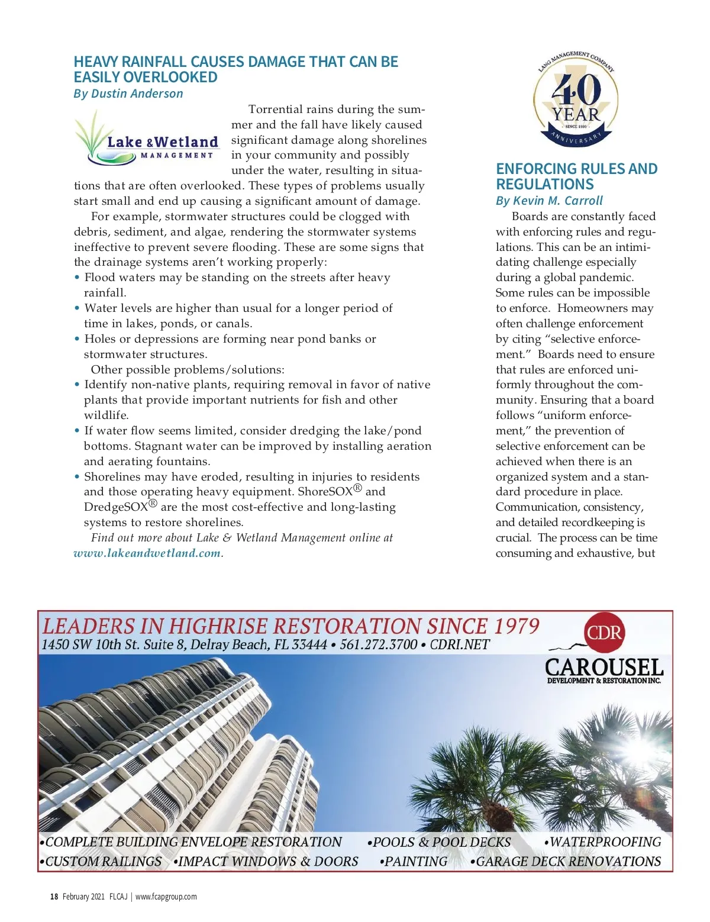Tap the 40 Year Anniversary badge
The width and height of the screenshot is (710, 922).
575,99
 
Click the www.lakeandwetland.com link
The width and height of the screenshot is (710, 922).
147,553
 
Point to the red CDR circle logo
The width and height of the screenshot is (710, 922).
604,633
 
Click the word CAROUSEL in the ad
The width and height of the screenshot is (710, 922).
603,668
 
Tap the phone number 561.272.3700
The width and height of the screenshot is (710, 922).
379,644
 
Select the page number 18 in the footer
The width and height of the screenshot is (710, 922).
54,897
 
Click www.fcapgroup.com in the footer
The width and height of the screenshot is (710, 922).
166,897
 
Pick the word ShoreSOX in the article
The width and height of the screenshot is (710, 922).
325,492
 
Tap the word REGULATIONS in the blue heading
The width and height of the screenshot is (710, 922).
544,185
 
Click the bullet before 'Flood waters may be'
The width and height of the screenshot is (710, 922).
77,278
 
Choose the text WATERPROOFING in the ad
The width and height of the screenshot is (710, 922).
605,842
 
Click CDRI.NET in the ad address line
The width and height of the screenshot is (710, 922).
459,644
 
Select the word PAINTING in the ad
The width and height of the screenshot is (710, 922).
415,862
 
